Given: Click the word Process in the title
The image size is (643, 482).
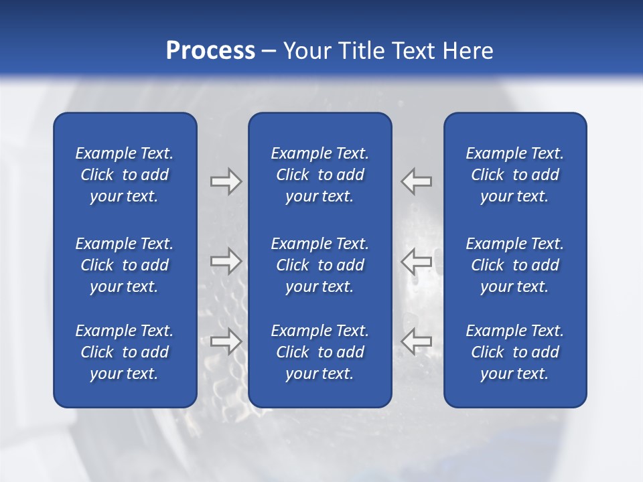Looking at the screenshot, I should click(x=210, y=51).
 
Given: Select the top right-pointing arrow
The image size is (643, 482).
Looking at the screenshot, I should click(x=226, y=181).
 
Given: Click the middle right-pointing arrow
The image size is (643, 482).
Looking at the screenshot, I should click(x=226, y=261).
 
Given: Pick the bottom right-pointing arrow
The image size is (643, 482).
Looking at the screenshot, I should click(x=226, y=341).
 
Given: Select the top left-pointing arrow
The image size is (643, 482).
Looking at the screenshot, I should click(x=416, y=181).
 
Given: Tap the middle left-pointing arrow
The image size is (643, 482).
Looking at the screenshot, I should click(x=416, y=261).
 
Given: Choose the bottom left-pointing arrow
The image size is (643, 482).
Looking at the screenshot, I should click(x=416, y=341).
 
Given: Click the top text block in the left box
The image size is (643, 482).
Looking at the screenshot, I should click(x=125, y=175).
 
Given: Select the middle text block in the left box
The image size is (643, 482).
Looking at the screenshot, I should click(x=125, y=265).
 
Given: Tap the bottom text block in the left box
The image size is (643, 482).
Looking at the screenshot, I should click(x=125, y=352).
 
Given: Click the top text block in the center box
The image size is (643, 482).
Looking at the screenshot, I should click(x=319, y=175).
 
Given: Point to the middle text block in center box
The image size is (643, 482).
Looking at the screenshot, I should click(x=319, y=265).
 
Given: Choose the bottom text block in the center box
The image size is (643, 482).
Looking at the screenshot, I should click(x=319, y=352).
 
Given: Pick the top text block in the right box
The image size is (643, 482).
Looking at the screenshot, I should click(x=514, y=175).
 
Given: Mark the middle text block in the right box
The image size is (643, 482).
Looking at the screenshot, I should click(x=514, y=265).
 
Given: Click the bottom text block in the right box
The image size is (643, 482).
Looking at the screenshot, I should click(x=514, y=352).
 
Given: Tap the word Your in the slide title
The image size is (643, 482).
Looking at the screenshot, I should click(x=306, y=51).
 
